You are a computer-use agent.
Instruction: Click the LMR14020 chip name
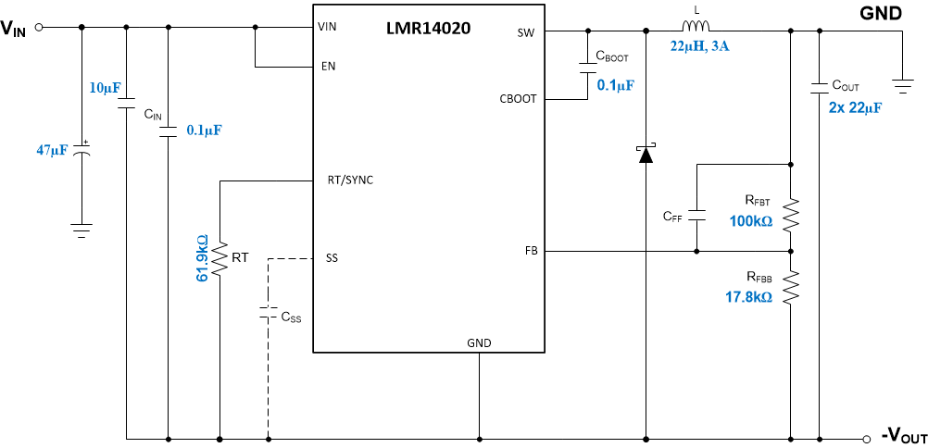point(428,29)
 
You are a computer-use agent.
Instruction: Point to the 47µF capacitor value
point(52,150)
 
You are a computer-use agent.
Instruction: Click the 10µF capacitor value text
point(104,88)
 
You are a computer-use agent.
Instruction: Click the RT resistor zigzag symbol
point(219,259)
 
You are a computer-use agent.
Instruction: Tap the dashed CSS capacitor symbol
point(268,310)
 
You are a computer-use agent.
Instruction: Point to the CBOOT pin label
point(518,99)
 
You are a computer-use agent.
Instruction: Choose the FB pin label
point(531,251)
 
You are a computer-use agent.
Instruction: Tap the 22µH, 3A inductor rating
point(700,45)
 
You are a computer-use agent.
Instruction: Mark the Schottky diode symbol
point(646,154)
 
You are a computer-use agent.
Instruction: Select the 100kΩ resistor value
point(749,221)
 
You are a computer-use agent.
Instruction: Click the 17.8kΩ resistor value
point(748,297)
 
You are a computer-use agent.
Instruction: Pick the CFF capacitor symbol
point(696,216)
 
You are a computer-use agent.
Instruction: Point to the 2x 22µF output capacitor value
point(855,107)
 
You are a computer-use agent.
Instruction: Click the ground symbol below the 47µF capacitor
point(82,230)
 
